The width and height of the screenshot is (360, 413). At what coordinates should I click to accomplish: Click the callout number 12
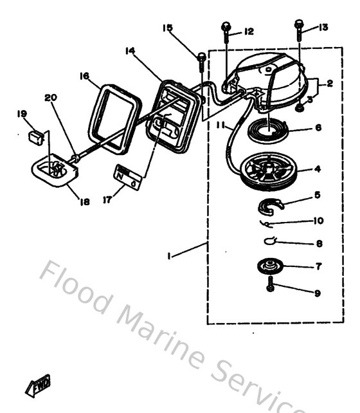[x=249, y=31]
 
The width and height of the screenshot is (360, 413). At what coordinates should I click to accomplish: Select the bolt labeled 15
[x=201, y=60]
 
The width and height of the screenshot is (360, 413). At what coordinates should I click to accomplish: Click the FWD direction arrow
[x=40, y=385]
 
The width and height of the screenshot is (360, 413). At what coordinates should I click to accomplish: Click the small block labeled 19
[x=37, y=136]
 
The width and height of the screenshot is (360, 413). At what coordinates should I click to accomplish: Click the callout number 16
[x=84, y=76]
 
